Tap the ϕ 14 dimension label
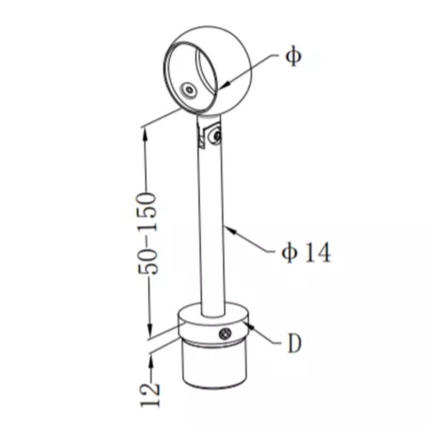pos(306,252)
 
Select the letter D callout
pos(295,343)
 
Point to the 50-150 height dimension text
pos(148,233)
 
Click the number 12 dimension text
pos(150,395)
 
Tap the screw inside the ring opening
pos(189,89)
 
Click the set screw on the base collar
pos(225,333)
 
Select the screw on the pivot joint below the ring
pos(217,136)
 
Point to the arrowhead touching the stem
pos(230,230)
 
